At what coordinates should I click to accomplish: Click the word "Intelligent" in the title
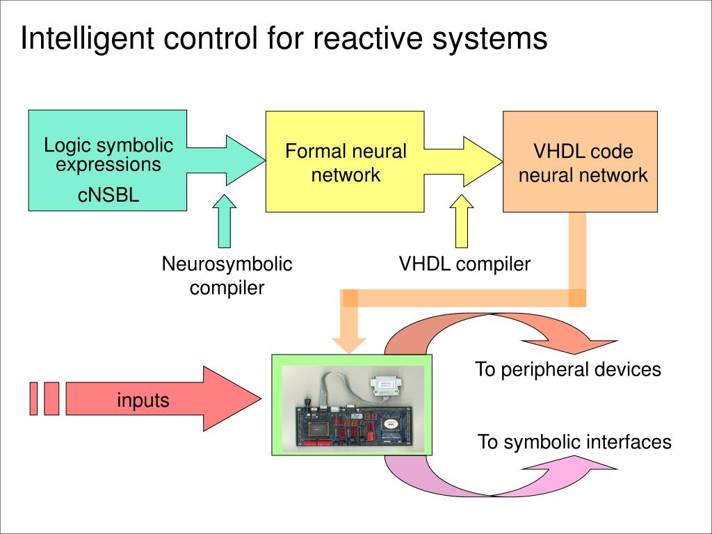[87, 38]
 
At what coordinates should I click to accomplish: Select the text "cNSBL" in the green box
[108, 195]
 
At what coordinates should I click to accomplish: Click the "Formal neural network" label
[346, 163]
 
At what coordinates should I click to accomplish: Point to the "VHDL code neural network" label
[583, 163]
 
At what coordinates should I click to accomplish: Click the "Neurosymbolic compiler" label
[227, 275]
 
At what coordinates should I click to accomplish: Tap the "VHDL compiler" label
[464, 264]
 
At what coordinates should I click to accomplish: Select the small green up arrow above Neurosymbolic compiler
[225, 221]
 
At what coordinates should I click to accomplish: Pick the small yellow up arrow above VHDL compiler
[462, 221]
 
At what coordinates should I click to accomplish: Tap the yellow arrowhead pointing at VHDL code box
[483, 161]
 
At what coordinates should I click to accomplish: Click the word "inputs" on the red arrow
[143, 400]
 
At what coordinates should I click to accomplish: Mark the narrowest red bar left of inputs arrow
[33, 398]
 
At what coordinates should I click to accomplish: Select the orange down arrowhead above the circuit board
[349, 345]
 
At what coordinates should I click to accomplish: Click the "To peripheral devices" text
[567, 369]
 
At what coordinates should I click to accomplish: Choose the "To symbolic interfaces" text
[574, 442]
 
